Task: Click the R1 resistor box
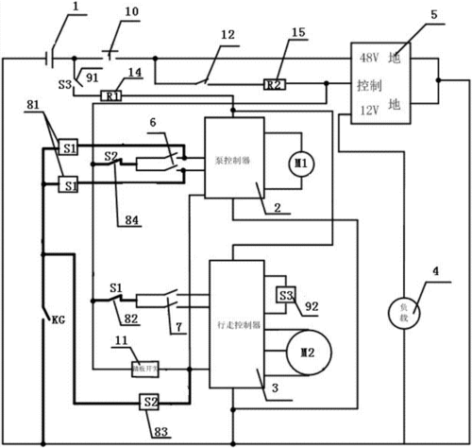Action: pos(111,95)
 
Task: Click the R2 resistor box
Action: pos(273,85)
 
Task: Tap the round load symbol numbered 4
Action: pos(403,309)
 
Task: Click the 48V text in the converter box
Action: pos(370,58)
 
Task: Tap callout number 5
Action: pos(433,15)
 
